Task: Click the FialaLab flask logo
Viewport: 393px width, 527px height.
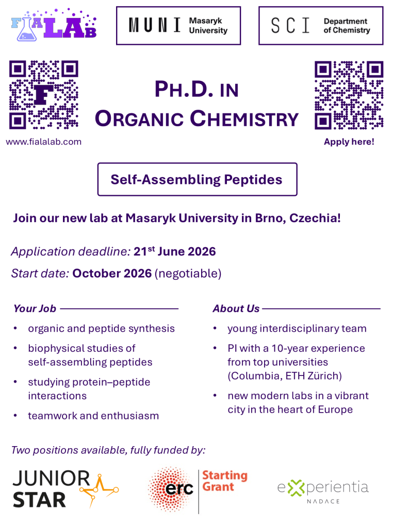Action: pos(54,25)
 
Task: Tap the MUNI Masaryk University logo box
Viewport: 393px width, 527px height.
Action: pos(178,26)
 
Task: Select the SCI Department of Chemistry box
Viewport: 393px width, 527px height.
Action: pos(321,26)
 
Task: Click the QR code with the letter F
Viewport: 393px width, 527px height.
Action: pos(44,95)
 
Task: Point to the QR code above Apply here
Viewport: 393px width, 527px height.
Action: pos(349,95)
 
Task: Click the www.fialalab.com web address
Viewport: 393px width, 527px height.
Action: pos(44,142)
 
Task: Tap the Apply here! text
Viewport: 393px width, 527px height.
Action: pos(349,142)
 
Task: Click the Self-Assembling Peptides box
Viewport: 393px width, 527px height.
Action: pos(197,179)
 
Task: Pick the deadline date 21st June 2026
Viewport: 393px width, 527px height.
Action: pos(175,251)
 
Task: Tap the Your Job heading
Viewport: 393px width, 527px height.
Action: pos(35,309)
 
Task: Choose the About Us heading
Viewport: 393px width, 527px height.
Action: pos(236,309)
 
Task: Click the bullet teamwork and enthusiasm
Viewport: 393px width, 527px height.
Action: pos(93,416)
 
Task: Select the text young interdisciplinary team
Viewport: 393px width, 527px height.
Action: pos(297,328)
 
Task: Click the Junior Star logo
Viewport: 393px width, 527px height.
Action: pos(65,489)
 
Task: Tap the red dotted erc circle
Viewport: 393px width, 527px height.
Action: pos(171,489)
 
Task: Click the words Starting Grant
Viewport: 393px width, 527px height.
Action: pos(225,481)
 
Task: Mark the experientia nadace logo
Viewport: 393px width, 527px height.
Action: pos(323,491)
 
